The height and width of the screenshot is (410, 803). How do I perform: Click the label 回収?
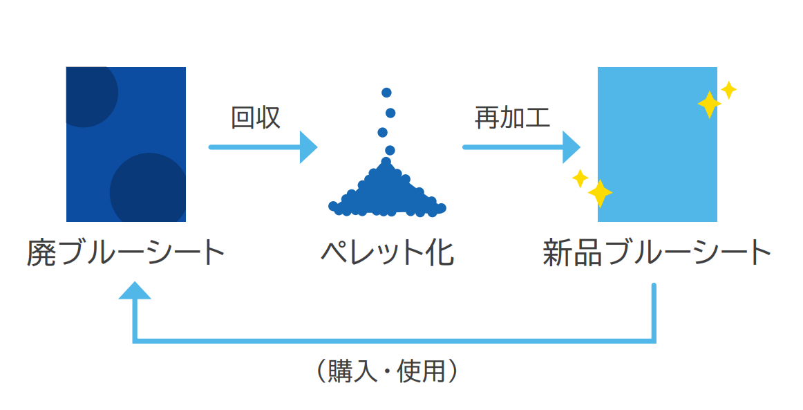(x=256, y=118)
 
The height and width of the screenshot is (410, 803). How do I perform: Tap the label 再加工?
(x=512, y=118)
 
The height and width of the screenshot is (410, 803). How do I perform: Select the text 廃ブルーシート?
(x=126, y=252)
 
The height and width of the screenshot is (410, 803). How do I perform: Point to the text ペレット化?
(x=387, y=252)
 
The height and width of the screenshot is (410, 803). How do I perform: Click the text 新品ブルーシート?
(x=657, y=252)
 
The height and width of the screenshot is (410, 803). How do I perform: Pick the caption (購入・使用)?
(x=387, y=371)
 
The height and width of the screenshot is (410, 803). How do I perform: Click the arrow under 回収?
(x=263, y=147)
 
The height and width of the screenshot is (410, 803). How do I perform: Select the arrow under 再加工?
(x=521, y=147)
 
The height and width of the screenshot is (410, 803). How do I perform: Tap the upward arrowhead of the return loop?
(x=135, y=290)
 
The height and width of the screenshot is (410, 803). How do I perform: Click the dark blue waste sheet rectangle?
(x=126, y=144)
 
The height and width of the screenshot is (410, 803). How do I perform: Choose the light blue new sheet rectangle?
(x=658, y=144)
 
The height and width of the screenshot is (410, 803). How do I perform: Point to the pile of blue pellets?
(x=387, y=192)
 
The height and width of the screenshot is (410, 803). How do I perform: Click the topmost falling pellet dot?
(x=387, y=93)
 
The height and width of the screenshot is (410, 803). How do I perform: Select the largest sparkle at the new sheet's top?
(x=709, y=104)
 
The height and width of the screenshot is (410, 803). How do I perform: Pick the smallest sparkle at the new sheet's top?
(x=729, y=90)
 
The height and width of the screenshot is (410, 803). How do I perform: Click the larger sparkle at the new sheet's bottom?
(x=601, y=193)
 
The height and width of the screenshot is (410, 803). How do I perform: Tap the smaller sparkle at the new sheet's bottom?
(x=580, y=178)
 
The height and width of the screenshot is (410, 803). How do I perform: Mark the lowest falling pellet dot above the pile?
(x=390, y=150)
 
